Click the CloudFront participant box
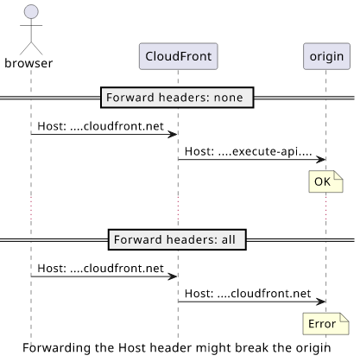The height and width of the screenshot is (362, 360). coord(179,56)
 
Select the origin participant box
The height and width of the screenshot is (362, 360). coord(326,56)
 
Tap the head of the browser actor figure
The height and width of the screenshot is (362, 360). coord(31,11)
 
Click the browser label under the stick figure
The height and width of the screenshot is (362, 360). coord(28,63)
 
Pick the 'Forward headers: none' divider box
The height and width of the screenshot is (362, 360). coord(177,98)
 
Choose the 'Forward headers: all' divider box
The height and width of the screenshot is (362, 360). coord(177,239)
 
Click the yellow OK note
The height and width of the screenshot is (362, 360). coord(325,181)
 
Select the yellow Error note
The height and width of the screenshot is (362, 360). coord(325,324)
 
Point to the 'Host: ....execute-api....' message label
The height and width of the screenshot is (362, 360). coord(248,151)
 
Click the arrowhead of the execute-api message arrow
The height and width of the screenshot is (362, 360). coord(321,159)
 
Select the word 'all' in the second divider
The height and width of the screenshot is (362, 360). coord(229,239)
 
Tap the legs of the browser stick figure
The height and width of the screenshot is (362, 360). coord(31,48)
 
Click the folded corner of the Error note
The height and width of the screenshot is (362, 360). coord(344,317)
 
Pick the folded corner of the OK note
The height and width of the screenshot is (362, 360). coord(338,175)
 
